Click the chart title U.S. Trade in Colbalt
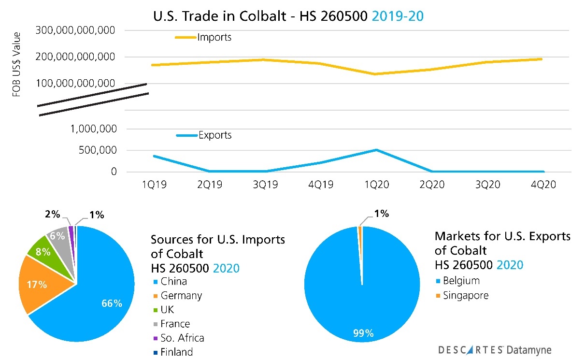click(288, 16)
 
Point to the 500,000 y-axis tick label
click(93, 150)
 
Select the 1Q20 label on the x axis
click(376, 185)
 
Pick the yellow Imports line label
click(214, 37)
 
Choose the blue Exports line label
click(215, 135)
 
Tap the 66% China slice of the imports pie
click(106, 295)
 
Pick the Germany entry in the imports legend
click(181, 296)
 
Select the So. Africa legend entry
click(182, 338)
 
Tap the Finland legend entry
click(176, 352)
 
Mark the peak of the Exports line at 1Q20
click(376, 150)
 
